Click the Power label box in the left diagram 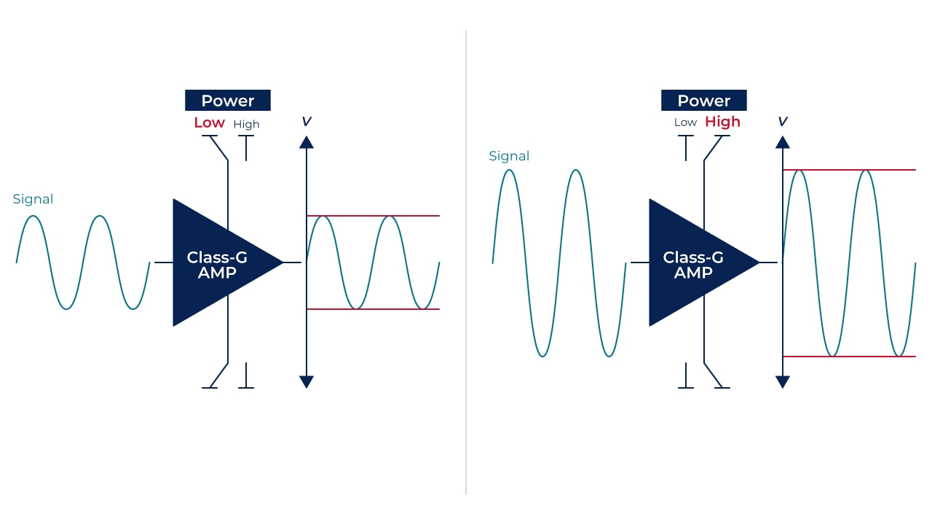(x=227, y=101)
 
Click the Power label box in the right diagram (x=703, y=101)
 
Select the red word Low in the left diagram (x=209, y=122)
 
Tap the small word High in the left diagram (x=246, y=125)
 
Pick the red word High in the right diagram (x=722, y=122)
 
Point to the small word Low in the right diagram (x=685, y=122)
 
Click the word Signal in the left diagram (x=33, y=199)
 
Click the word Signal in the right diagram (x=509, y=156)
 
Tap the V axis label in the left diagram (x=307, y=122)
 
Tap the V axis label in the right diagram (x=783, y=122)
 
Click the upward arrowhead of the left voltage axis (x=307, y=141)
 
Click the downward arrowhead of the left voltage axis (x=307, y=381)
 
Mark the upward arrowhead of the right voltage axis (x=783, y=141)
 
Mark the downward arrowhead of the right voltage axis (x=783, y=381)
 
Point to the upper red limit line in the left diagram (x=415, y=216)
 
